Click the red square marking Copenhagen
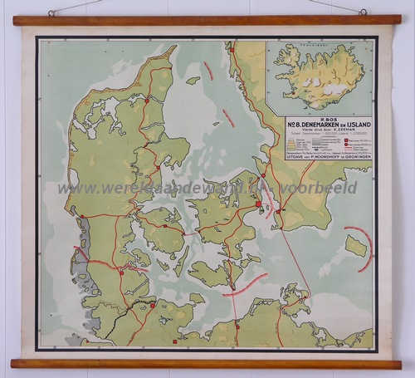259,202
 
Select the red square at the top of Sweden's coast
233,49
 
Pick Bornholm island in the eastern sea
355,246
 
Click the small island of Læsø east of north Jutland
193,81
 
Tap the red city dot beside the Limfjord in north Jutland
148,100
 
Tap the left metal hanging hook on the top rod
51,12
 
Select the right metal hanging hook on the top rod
363,11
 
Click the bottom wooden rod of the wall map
207,363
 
